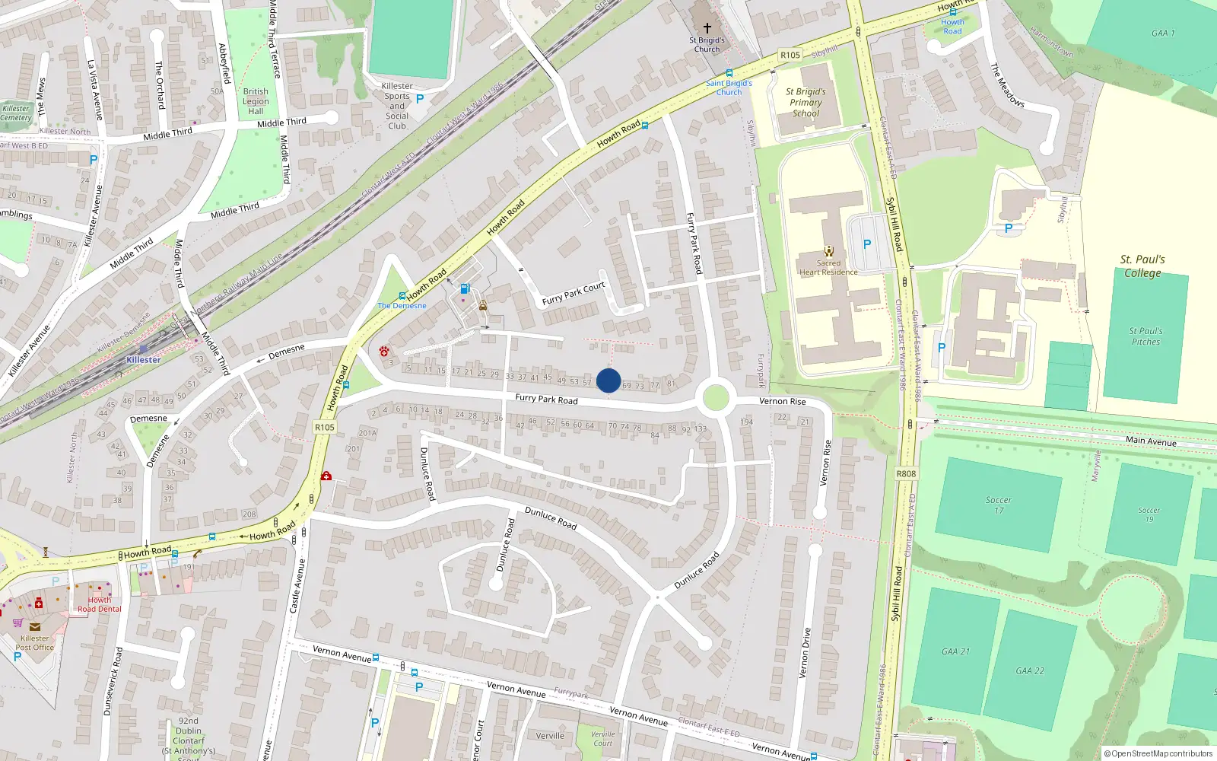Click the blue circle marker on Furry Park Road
608,380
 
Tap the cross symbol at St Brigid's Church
707,28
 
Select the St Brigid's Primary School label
806,102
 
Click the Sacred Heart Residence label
828,267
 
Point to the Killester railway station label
144,360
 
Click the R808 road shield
906,473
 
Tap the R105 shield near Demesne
325,427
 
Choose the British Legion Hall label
256,101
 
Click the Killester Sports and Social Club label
397,106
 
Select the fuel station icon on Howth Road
465,289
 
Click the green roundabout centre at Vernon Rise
715,398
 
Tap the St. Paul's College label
1142,266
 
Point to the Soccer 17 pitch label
999,505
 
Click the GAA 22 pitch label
1030,670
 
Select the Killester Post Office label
34,643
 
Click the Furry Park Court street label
574,293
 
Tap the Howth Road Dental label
99,604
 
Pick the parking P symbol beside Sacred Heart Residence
866,244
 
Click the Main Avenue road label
1151,441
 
